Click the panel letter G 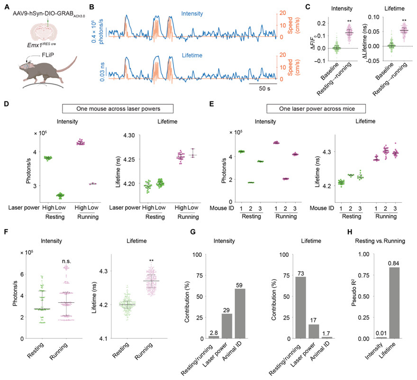point(193,232)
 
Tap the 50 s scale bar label point(264,89)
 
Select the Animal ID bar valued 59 point(240,314)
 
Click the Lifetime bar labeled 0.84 point(394,303)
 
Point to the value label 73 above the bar point(301,274)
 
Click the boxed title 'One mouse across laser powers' point(118,109)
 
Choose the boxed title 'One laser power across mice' point(317,109)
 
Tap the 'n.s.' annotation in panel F point(66,262)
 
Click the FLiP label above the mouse point(47,55)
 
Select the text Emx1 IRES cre point(41,45)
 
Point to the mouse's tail point(69,65)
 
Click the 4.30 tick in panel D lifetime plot point(129,136)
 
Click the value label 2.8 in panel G point(214,333)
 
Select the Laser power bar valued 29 point(227,326)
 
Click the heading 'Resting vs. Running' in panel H point(380,241)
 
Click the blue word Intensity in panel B point(192,14)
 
